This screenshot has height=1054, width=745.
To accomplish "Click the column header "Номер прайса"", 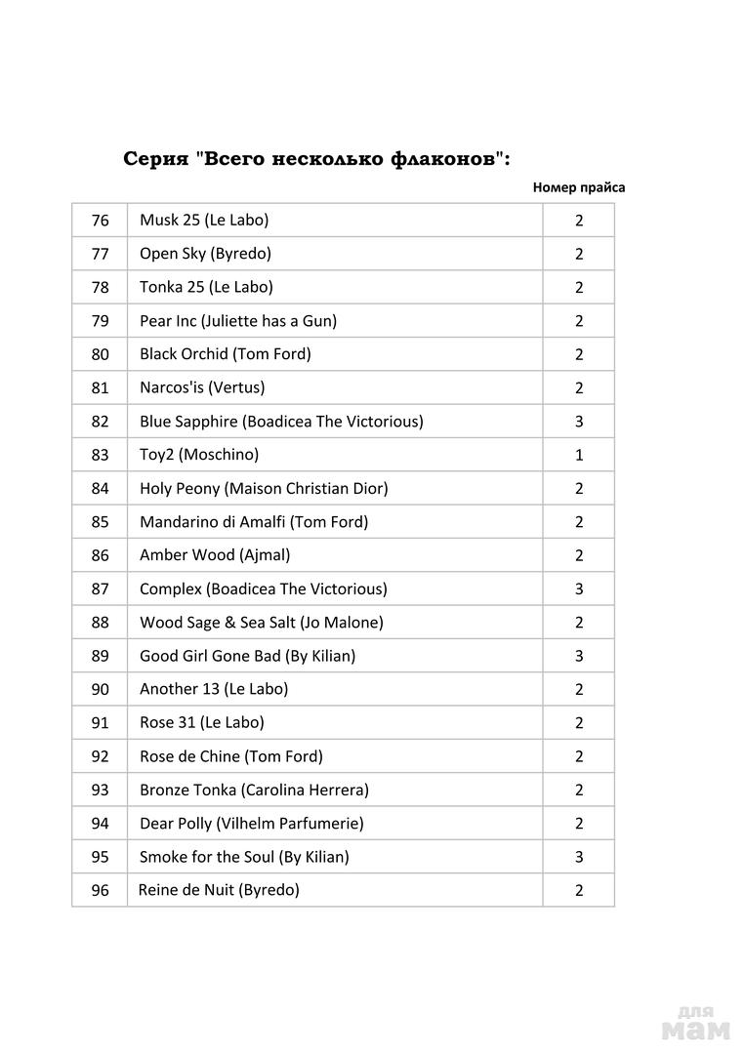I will pos(579,187).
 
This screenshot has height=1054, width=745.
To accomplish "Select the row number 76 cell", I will pos(100,221).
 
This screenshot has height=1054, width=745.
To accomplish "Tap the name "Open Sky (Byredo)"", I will pos(205,254).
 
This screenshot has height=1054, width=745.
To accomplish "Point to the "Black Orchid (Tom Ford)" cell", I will pos(225,354).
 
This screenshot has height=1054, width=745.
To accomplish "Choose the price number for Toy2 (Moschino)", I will pos(579,455).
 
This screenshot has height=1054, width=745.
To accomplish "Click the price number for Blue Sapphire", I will pos(579,422).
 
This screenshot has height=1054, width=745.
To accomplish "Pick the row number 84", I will pos(100,488).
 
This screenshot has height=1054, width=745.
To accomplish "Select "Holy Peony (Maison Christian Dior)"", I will pos(264,488).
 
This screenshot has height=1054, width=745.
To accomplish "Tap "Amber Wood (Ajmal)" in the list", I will pos(215,555).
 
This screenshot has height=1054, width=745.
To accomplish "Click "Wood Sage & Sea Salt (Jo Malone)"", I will pos(261,622).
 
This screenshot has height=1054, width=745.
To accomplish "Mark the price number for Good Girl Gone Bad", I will pos(579,656).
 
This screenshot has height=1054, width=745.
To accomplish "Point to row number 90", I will pos(100,689).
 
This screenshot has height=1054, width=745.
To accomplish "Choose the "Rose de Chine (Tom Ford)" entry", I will pos(230,756).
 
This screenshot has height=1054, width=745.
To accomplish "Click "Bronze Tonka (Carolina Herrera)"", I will pos(254,790).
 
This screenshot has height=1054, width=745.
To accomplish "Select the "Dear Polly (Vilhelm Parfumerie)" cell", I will pos(251,824).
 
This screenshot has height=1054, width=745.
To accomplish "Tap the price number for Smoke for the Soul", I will pos(579,857).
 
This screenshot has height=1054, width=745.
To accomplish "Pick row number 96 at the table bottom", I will pos(100,890).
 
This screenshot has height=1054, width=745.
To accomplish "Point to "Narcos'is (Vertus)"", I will pos(202,387).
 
